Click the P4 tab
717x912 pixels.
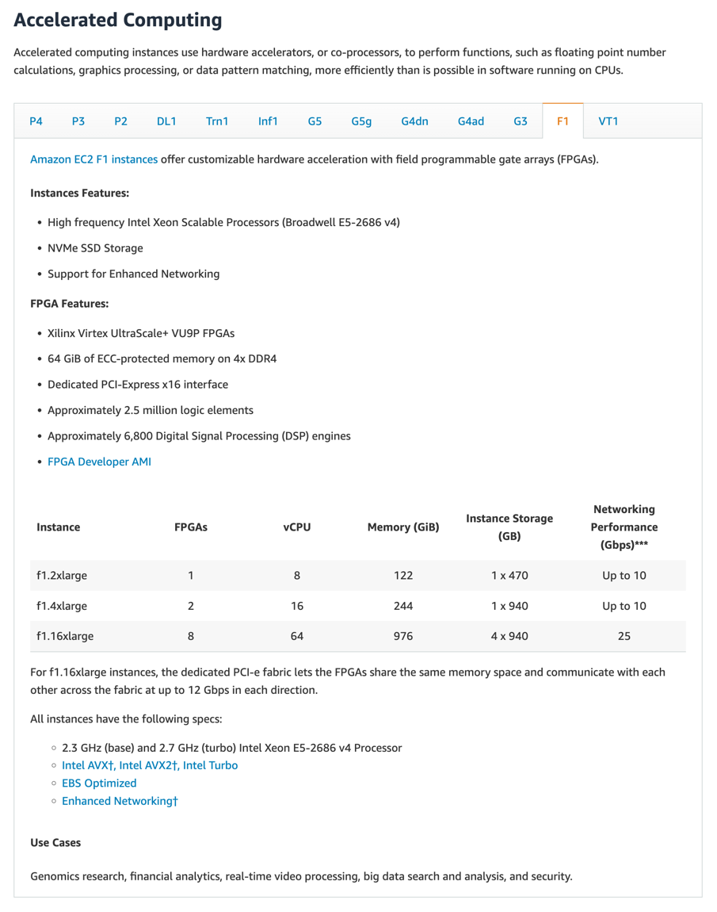[36, 121]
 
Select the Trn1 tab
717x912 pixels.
[217, 121]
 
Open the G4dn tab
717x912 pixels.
[414, 121]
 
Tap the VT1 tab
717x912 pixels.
[608, 121]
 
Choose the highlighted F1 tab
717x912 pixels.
[563, 121]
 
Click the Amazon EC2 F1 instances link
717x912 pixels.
[93, 159]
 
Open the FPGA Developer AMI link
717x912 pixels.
[99, 462]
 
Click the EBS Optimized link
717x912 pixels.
[99, 783]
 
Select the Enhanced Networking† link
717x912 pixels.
[120, 801]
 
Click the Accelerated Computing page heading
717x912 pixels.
[118, 20]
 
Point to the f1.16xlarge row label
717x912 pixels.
[65, 636]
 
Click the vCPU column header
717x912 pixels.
[297, 527]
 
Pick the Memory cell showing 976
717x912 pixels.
[403, 636]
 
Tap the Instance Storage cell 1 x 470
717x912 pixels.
[509, 576]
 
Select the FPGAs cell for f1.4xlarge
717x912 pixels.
[191, 606]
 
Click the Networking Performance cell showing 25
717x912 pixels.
[624, 636]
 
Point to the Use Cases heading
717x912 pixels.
[55, 842]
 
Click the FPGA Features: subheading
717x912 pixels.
[70, 304]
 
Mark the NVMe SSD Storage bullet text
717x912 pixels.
[95, 248]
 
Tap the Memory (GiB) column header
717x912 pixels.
[403, 527]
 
